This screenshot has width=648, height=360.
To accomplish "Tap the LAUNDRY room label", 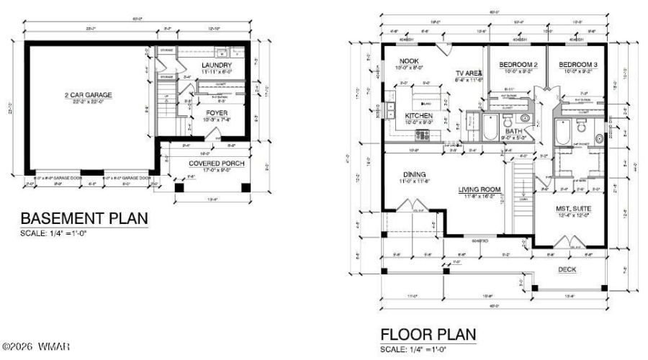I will [217, 66].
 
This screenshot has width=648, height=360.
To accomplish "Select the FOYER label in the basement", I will [217, 113].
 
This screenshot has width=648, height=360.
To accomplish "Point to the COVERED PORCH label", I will [216, 163].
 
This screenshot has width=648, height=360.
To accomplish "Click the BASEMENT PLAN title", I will [84, 217].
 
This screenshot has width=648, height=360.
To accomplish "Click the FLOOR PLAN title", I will [428, 336].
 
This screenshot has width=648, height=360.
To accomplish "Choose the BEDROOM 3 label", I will [578, 65].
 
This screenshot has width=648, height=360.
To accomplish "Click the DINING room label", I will [414, 174].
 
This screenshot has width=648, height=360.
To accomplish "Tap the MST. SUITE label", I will [572, 208].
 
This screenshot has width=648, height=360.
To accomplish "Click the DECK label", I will [567, 269].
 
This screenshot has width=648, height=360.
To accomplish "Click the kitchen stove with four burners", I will [422, 133].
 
